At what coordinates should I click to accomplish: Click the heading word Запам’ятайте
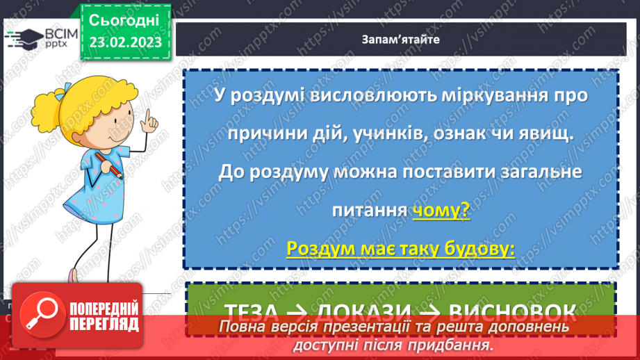(x=400, y=39)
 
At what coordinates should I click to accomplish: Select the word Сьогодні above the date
(x=125, y=19)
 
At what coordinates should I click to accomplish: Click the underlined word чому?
(x=441, y=211)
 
